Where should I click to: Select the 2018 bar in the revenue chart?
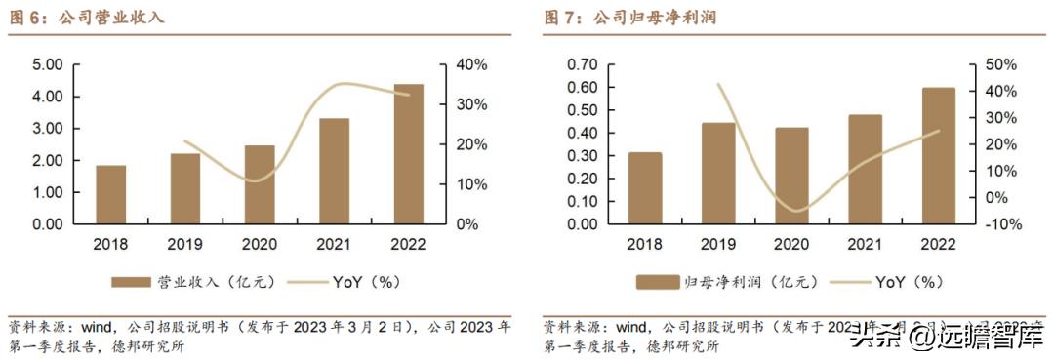pos(110,194)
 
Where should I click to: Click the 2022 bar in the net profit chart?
pos(939,156)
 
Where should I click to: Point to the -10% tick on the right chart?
pos(1000,224)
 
